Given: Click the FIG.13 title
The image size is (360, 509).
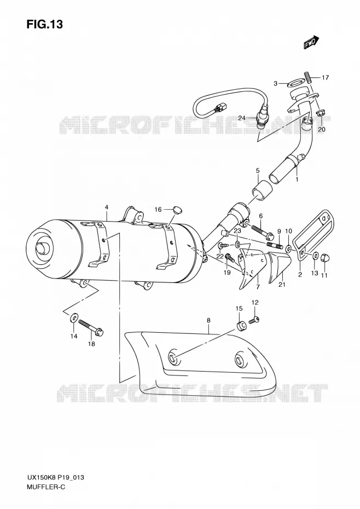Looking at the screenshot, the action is [x=44, y=24].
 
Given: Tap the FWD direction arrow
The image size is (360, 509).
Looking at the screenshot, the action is [x=311, y=43].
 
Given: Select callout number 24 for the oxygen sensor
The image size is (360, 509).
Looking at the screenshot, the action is [x=241, y=118].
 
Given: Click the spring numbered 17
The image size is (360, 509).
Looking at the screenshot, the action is [x=308, y=77].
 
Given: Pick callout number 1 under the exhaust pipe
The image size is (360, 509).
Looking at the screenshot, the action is [x=297, y=179].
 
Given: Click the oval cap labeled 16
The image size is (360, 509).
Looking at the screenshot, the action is [x=177, y=210].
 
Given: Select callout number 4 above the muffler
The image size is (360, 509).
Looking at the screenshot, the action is [x=106, y=207].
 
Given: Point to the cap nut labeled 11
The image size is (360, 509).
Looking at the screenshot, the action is [x=324, y=258].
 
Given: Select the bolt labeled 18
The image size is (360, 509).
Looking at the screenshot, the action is [x=90, y=327].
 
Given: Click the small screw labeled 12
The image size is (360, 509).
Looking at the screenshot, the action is [x=253, y=321].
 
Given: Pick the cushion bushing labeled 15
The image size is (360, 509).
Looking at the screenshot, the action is [x=241, y=326].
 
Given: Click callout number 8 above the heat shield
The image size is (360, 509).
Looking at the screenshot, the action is [x=208, y=320].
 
